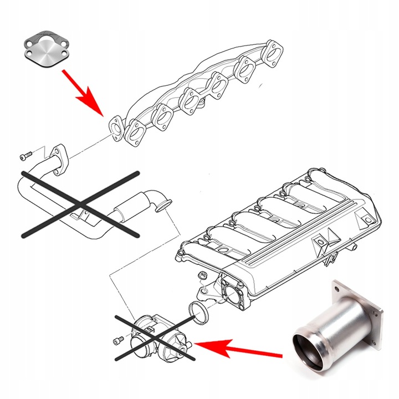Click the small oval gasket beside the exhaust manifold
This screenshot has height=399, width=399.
[116, 127]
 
